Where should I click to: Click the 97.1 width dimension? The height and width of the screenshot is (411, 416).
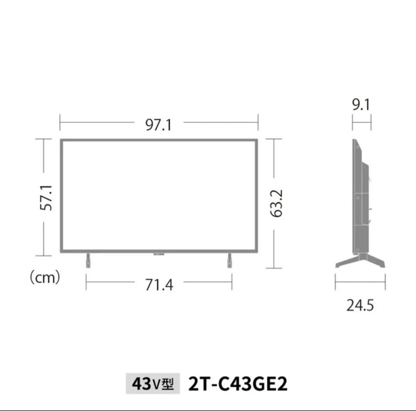(159, 125)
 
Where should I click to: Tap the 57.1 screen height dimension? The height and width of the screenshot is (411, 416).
(46, 198)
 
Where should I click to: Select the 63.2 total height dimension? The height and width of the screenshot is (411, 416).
(277, 203)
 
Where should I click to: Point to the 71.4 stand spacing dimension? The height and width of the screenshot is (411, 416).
(159, 285)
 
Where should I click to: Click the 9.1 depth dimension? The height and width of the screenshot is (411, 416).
(361, 104)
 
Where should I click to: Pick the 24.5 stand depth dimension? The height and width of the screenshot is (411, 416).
(360, 305)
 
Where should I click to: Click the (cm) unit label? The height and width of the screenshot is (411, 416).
(45, 278)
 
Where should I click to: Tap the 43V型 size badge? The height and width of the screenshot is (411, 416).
(153, 383)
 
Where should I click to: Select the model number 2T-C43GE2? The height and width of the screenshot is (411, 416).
(238, 384)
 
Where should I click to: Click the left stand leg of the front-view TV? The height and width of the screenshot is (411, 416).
(88, 260)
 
